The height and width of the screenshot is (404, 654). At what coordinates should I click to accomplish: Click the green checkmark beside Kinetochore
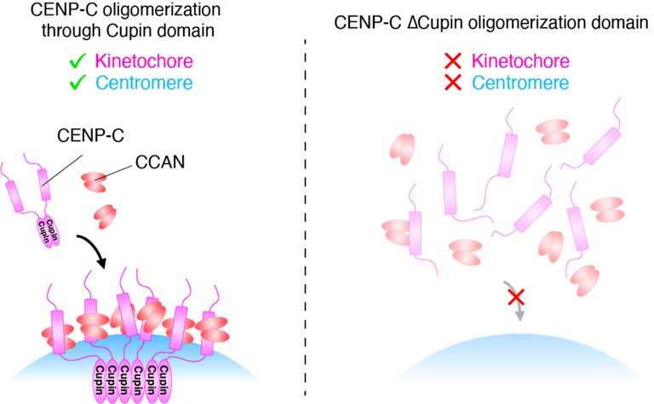pos(78,62)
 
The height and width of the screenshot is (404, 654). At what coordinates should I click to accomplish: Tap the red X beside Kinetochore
pos(454,62)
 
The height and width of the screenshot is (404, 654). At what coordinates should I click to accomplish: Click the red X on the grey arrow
pos(516,297)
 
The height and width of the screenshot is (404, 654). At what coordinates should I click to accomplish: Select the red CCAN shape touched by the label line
pos(95,180)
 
